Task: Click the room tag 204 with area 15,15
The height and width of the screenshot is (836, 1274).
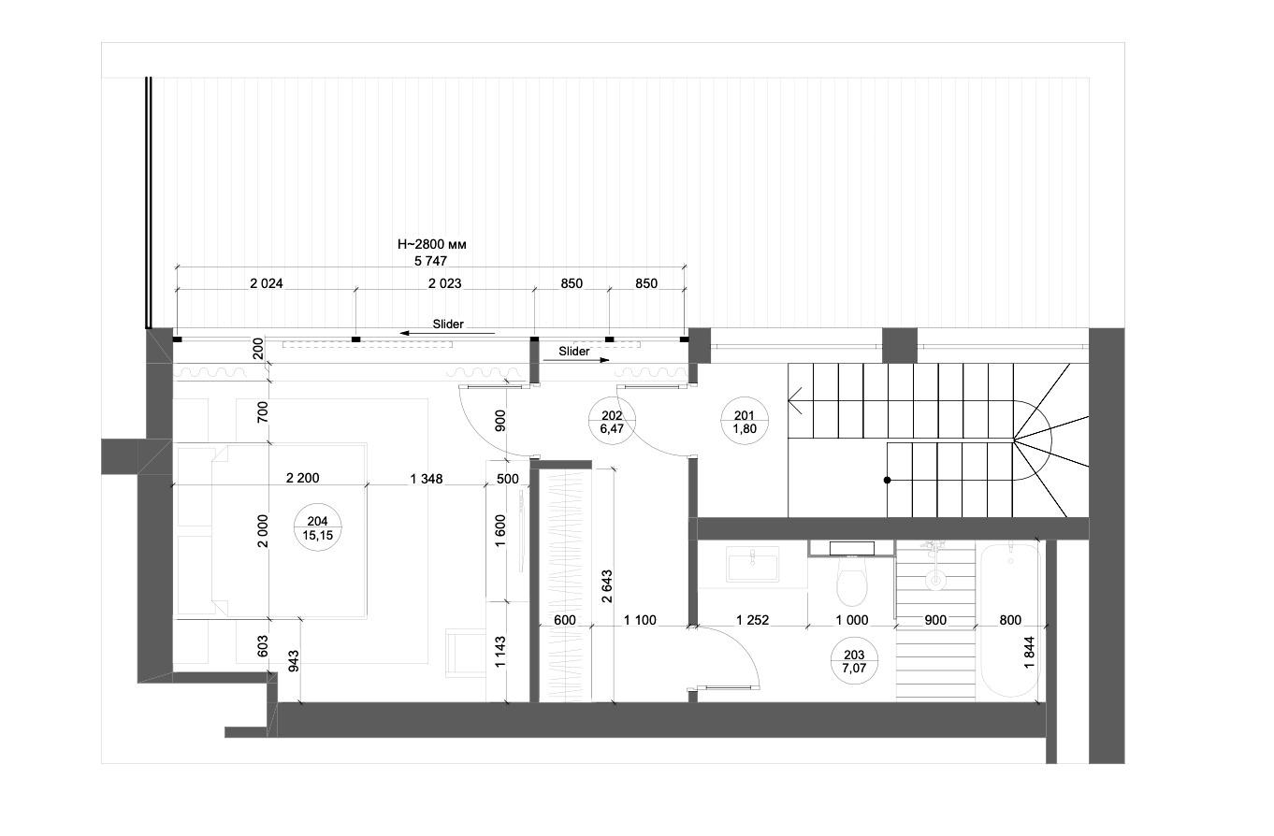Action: [317, 527]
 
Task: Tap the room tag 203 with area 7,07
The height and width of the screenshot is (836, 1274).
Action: [854, 661]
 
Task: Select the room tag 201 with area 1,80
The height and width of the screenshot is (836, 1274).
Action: [745, 422]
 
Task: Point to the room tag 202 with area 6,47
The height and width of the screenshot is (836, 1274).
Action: [612, 422]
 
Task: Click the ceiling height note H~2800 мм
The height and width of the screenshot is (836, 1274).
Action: [431, 245]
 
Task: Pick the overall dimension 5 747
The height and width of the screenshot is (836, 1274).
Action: [430, 261]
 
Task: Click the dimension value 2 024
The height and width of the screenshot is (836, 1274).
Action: [267, 283]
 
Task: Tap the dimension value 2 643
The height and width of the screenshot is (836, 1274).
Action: [607, 586]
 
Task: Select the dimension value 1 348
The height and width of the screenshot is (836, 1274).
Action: [427, 479]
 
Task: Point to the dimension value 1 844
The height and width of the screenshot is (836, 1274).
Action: [1029, 653]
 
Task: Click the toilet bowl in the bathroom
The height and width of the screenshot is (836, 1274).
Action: [852, 581]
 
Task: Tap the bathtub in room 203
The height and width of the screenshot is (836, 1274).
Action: [1010, 620]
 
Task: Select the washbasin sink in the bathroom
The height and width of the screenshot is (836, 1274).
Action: [753, 563]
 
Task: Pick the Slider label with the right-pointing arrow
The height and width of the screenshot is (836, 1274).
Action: [575, 353]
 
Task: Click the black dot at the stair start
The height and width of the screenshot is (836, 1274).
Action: [888, 480]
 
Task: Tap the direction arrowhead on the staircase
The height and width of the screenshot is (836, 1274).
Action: [795, 400]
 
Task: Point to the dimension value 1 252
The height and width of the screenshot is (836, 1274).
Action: [752, 620]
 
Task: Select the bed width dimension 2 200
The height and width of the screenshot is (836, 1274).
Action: [302, 478]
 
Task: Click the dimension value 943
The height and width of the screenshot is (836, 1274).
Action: [294, 661]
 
